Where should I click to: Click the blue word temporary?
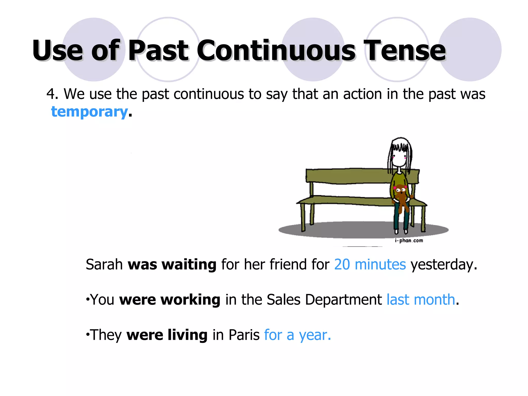click(x=89, y=112)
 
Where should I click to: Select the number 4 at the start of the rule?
click(x=51, y=94)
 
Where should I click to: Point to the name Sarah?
click(x=104, y=265)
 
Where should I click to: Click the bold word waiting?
click(x=189, y=265)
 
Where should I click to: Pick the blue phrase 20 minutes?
click(x=370, y=265)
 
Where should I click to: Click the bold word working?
click(x=190, y=300)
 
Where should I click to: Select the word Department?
click(x=343, y=300)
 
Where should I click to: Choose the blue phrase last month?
click(x=421, y=300)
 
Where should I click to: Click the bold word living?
click(x=187, y=335)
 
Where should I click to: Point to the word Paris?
click(x=244, y=335)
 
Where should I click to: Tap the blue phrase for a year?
click(x=297, y=335)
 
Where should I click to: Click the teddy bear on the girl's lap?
click(x=401, y=196)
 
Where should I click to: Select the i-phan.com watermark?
click(x=409, y=241)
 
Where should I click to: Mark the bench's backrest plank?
click(x=348, y=176)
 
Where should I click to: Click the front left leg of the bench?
click(x=303, y=217)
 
